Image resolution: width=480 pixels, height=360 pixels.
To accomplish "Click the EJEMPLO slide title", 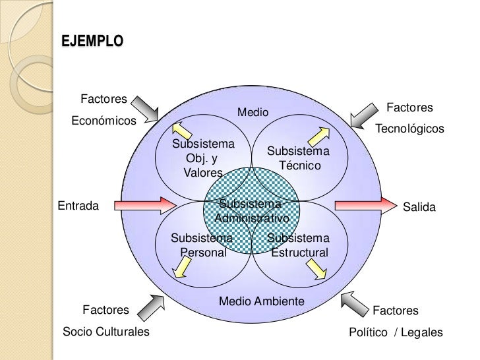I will (x=92, y=41).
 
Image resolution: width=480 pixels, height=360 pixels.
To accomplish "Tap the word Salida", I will (x=419, y=207).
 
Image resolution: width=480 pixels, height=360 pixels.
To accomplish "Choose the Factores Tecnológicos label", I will (x=409, y=118).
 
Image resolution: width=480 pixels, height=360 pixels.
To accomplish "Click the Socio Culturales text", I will (x=105, y=332).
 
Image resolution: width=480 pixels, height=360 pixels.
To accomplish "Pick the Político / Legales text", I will (x=396, y=332).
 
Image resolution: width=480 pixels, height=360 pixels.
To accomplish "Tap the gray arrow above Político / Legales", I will (x=354, y=305).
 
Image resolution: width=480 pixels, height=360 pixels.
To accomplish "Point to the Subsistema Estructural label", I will (x=299, y=245).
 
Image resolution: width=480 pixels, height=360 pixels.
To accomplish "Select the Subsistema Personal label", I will (x=202, y=245).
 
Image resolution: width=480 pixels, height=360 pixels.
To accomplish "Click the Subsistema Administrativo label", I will (x=252, y=211).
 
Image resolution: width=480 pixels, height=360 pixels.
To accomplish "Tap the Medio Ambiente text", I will (x=261, y=301).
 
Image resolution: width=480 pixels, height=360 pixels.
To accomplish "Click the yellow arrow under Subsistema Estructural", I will (x=316, y=267).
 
